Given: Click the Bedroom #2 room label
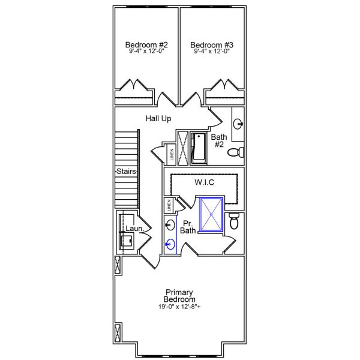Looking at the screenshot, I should (x=146, y=44).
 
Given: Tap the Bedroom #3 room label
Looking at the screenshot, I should (x=212, y=44).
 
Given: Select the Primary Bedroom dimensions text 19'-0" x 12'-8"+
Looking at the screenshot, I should (x=180, y=307).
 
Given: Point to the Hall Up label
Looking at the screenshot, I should (x=158, y=119).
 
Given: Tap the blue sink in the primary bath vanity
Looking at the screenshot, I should (x=170, y=244).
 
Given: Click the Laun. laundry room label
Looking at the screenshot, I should (x=133, y=229).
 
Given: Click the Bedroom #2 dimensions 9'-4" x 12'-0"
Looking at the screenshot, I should (x=146, y=52).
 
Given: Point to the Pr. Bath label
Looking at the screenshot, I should (x=188, y=226).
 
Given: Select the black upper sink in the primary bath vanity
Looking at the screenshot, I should (x=170, y=225).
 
